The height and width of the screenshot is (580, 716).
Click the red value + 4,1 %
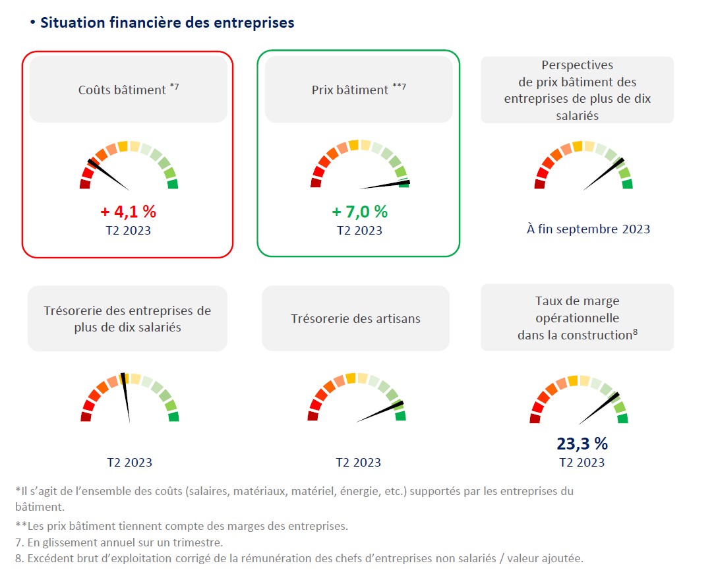128,212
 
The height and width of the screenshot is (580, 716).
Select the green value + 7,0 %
359,212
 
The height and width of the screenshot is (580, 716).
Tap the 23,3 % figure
582,444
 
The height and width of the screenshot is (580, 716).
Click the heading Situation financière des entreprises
167,22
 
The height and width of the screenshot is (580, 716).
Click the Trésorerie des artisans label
355,319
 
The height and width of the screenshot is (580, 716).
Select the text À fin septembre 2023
588,229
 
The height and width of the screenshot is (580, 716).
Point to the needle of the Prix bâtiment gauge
386,185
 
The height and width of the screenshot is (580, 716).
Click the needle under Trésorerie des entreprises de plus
126,398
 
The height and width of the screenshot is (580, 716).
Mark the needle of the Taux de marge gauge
599,409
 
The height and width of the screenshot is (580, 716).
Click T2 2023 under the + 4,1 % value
129,231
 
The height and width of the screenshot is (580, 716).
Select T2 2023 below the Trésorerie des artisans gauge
358,463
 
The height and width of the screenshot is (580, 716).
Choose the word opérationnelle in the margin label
577,318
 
